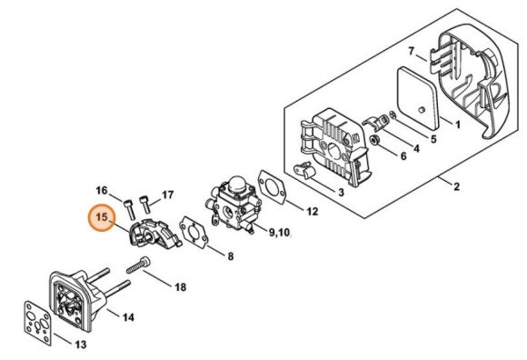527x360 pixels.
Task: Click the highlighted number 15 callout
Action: coord(103,218)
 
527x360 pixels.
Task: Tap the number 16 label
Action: coord(102,189)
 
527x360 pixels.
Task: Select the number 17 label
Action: coord(167,195)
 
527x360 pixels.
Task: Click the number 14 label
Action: coord(128,317)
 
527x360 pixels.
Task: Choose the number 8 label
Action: coord(230,257)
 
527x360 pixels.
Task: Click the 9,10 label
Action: coord(278,234)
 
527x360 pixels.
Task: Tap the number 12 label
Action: coord(312,212)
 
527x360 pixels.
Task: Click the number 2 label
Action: coord(456,187)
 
